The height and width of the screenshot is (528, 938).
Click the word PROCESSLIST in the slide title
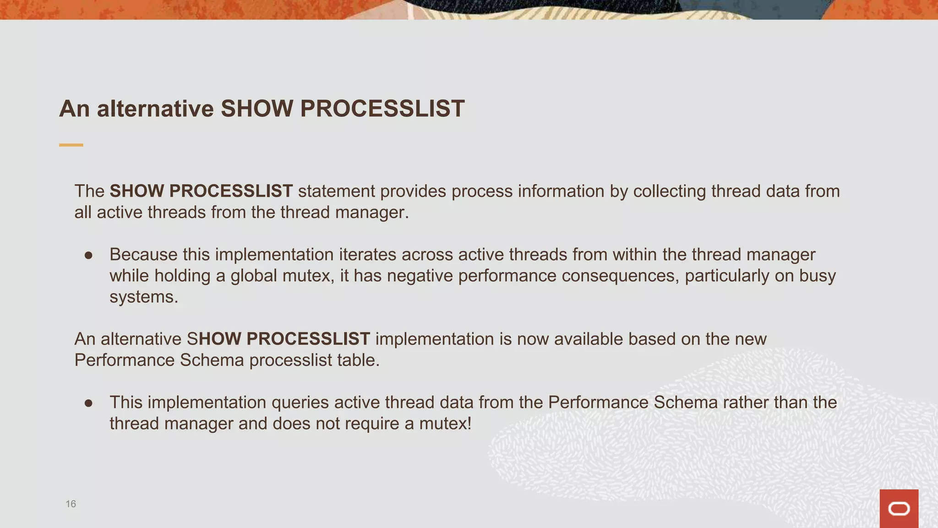tap(382, 109)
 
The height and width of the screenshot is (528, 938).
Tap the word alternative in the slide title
tap(155, 109)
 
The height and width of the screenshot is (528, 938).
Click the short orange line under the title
tap(71, 145)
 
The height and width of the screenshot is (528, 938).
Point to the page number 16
tap(71, 504)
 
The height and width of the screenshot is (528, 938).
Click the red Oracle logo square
tap(899, 508)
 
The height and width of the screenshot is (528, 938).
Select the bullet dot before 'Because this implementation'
tap(89, 255)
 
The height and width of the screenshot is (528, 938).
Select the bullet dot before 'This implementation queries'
tap(89, 403)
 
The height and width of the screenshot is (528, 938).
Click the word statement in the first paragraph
tap(336, 191)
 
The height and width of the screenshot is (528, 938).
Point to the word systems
tap(143, 297)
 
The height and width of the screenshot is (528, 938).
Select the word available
tap(588, 339)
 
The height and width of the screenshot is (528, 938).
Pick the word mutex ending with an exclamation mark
tap(445, 423)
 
